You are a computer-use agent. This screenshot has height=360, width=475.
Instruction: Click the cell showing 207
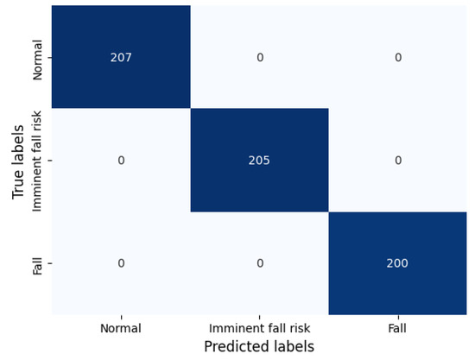[121, 57]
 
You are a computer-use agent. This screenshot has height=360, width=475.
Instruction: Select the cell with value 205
[259, 160]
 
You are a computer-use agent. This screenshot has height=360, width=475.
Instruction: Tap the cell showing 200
[397, 263]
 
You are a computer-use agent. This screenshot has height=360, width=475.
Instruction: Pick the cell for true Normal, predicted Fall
[397, 57]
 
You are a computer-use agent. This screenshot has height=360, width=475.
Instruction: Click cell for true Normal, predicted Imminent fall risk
[259, 57]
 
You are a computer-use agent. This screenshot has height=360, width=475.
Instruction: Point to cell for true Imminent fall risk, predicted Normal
[121, 160]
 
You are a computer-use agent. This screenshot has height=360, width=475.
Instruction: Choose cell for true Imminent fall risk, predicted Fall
[397, 160]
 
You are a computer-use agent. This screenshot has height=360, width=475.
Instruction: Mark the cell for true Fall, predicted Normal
[121, 263]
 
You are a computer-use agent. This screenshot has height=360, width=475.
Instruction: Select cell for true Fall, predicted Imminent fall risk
[259, 263]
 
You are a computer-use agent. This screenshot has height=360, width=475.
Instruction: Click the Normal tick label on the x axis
[121, 328]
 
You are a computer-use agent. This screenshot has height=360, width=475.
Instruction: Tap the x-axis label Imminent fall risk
[259, 328]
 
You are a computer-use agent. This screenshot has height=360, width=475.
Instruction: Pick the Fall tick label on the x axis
[397, 328]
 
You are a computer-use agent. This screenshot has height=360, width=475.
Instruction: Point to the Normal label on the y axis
[37, 58]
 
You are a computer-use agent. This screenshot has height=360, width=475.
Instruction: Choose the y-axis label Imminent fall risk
[37, 161]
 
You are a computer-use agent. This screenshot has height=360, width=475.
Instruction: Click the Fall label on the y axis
[37, 263]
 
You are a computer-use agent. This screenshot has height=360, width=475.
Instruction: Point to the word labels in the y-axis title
[19, 145]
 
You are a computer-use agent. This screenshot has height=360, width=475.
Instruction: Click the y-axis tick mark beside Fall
[49, 263]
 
